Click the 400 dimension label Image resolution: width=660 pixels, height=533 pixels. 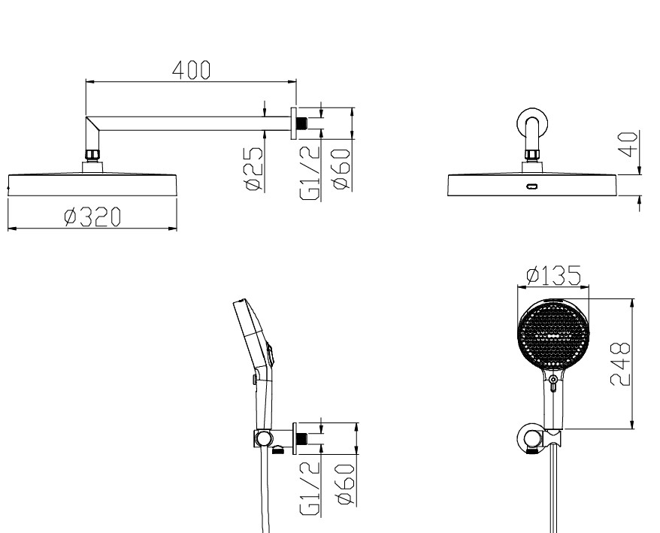[191, 70]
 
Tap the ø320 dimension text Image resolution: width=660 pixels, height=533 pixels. [92, 217]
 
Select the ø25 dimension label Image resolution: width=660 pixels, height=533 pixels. [254, 170]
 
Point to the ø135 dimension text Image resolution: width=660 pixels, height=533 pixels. [553, 277]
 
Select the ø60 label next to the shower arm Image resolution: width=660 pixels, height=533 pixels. [341, 170]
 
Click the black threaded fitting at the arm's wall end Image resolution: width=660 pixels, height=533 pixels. [301, 121]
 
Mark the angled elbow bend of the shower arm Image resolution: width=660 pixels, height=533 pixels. [92, 128]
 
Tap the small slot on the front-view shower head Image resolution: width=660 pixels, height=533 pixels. [532, 186]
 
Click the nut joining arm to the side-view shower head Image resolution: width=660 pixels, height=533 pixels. [92, 156]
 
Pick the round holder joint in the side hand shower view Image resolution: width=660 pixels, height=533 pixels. [262, 438]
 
